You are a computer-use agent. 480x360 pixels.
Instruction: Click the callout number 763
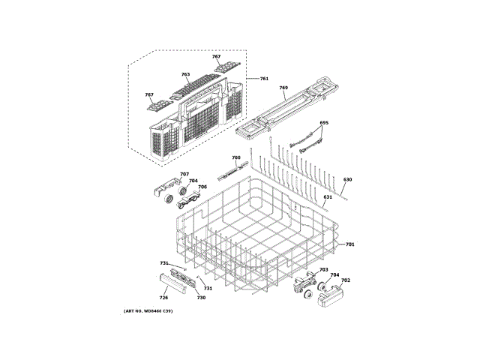tap(185, 75)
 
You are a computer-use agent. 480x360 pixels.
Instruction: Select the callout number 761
tap(264, 79)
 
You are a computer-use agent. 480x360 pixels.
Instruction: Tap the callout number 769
tap(283, 88)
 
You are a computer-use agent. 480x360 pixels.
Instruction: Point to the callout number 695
tap(324, 123)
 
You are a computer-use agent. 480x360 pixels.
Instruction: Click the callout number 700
tap(235, 158)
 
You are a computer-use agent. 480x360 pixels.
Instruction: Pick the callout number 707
tap(184, 175)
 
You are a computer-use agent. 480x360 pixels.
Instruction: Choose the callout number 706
tap(202, 187)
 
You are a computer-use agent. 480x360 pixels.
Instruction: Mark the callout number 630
tap(347, 180)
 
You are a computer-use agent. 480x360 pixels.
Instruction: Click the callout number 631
tap(328, 197)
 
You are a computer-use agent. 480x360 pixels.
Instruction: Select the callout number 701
tap(350, 245)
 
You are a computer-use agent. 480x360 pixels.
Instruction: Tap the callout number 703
tap(324, 270)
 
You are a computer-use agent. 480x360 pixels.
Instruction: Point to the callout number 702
tap(346, 280)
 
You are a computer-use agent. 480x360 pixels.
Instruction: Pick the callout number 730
tap(201, 298)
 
